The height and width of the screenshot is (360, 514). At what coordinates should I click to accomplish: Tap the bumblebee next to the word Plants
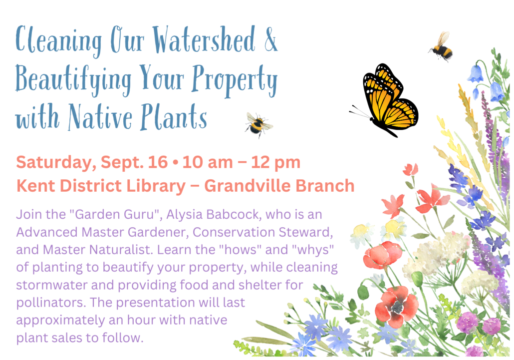(x=258, y=125)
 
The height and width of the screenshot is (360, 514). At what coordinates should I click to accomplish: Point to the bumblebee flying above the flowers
(x=442, y=47)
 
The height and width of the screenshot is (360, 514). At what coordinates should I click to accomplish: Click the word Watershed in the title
(x=204, y=39)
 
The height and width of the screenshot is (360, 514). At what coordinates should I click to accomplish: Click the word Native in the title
(x=100, y=117)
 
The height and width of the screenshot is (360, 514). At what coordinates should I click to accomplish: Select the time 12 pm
(x=275, y=163)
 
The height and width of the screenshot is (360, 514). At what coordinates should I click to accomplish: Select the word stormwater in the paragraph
(x=51, y=285)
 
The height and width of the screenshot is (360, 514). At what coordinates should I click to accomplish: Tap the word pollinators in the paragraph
(x=51, y=303)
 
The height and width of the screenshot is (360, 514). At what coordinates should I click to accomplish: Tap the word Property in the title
(x=235, y=80)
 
